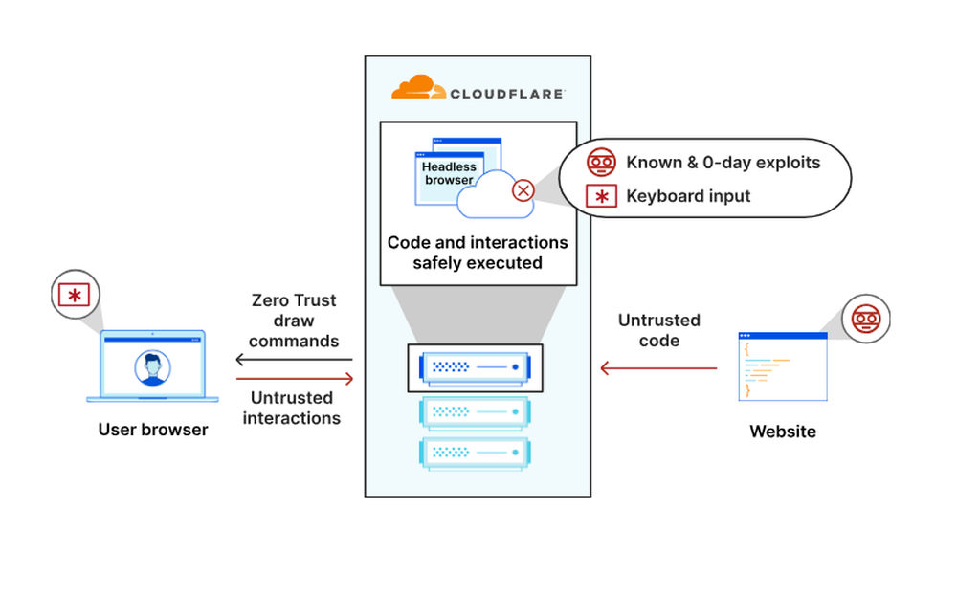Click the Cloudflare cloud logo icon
click(x=418, y=87)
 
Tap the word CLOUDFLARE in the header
click(x=507, y=93)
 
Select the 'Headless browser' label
click(x=449, y=173)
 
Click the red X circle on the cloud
click(x=523, y=189)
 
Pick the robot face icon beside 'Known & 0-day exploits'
click(x=600, y=163)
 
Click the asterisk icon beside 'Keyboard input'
click(x=600, y=196)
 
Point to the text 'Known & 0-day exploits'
click(x=723, y=163)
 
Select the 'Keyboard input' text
click(x=688, y=196)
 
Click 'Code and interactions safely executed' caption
click(x=478, y=253)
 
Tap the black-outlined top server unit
click(x=475, y=367)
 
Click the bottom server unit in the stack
click(x=475, y=453)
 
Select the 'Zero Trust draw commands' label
click(x=294, y=321)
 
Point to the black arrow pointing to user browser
click(x=294, y=360)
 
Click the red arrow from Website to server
click(x=658, y=368)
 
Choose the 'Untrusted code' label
click(x=658, y=330)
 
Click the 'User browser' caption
click(x=153, y=430)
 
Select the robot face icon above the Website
click(x=864, y=319)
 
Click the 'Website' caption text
click(x=782, y=432)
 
